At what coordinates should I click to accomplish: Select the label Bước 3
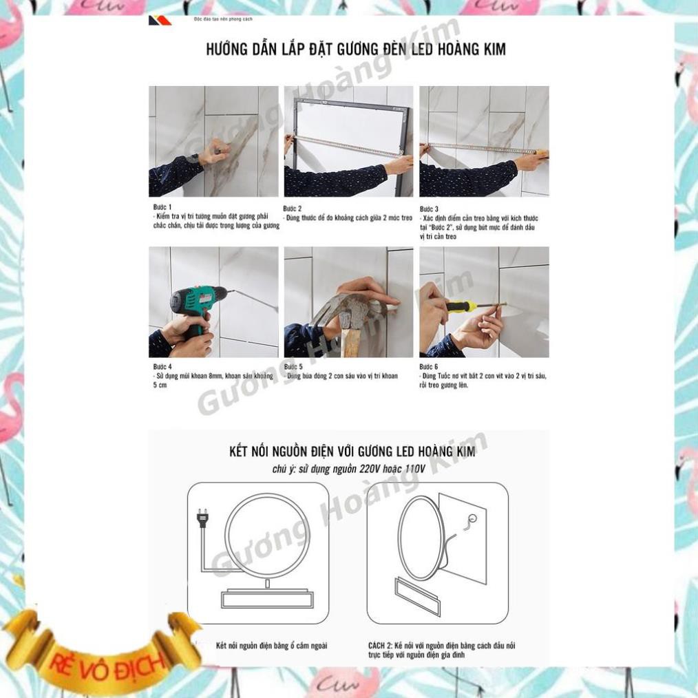(429, 209)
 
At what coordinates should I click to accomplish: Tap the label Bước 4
(162, 367)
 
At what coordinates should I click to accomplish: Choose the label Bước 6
(429, 367)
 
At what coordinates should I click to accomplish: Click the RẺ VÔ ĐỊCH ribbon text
(107, 662)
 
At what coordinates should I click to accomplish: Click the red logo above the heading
(160, 21)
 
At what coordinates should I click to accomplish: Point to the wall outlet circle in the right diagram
(473, 518)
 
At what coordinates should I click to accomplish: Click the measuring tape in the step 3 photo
(482, 148)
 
